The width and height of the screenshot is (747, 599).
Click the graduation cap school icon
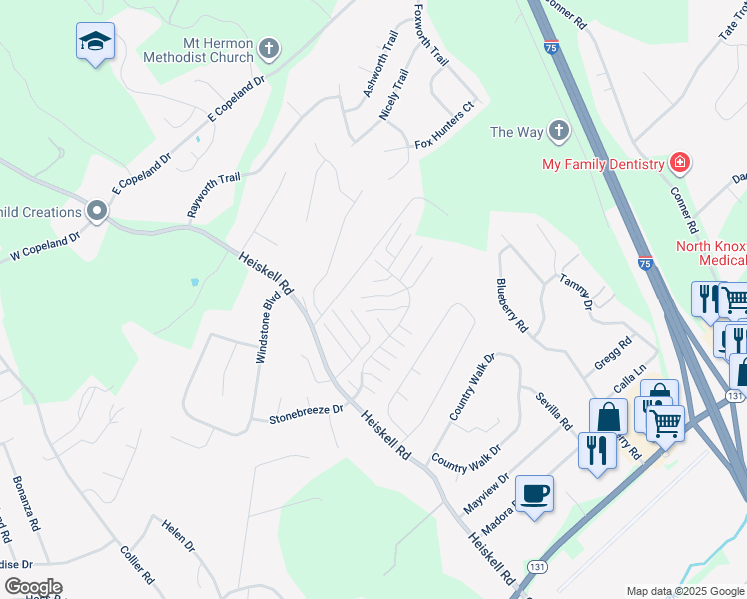(95, 41)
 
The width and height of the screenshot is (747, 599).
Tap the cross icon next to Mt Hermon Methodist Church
(268, 48)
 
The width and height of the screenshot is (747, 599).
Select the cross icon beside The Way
(558, 131)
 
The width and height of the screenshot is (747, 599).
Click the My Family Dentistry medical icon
(680, 163)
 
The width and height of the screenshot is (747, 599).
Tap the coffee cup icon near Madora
(535, 492)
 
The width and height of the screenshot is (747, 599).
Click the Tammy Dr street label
(576, 291)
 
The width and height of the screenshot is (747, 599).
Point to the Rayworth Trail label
(214, 195)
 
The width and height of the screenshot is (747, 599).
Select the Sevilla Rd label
(552, 410)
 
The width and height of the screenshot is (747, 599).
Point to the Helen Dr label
(178, 535)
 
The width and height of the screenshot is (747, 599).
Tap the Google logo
(32, 587)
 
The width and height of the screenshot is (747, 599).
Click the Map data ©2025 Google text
(684, 591)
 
